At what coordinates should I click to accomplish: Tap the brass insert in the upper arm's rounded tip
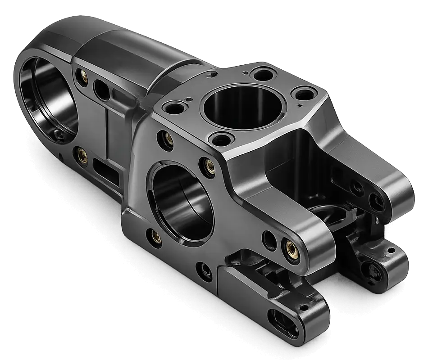289,245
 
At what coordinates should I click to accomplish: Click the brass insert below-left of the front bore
156,236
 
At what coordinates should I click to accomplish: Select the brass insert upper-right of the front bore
209,165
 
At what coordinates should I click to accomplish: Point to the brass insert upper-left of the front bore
168,138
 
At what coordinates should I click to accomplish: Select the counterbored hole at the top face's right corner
304,94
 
